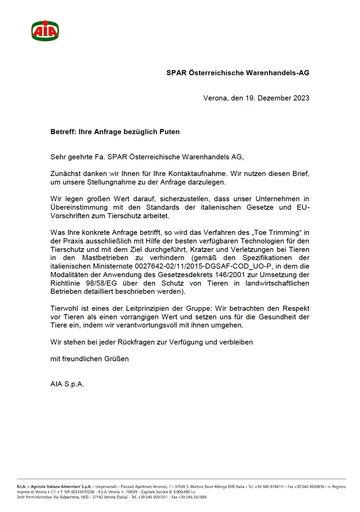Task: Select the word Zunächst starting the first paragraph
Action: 67,176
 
